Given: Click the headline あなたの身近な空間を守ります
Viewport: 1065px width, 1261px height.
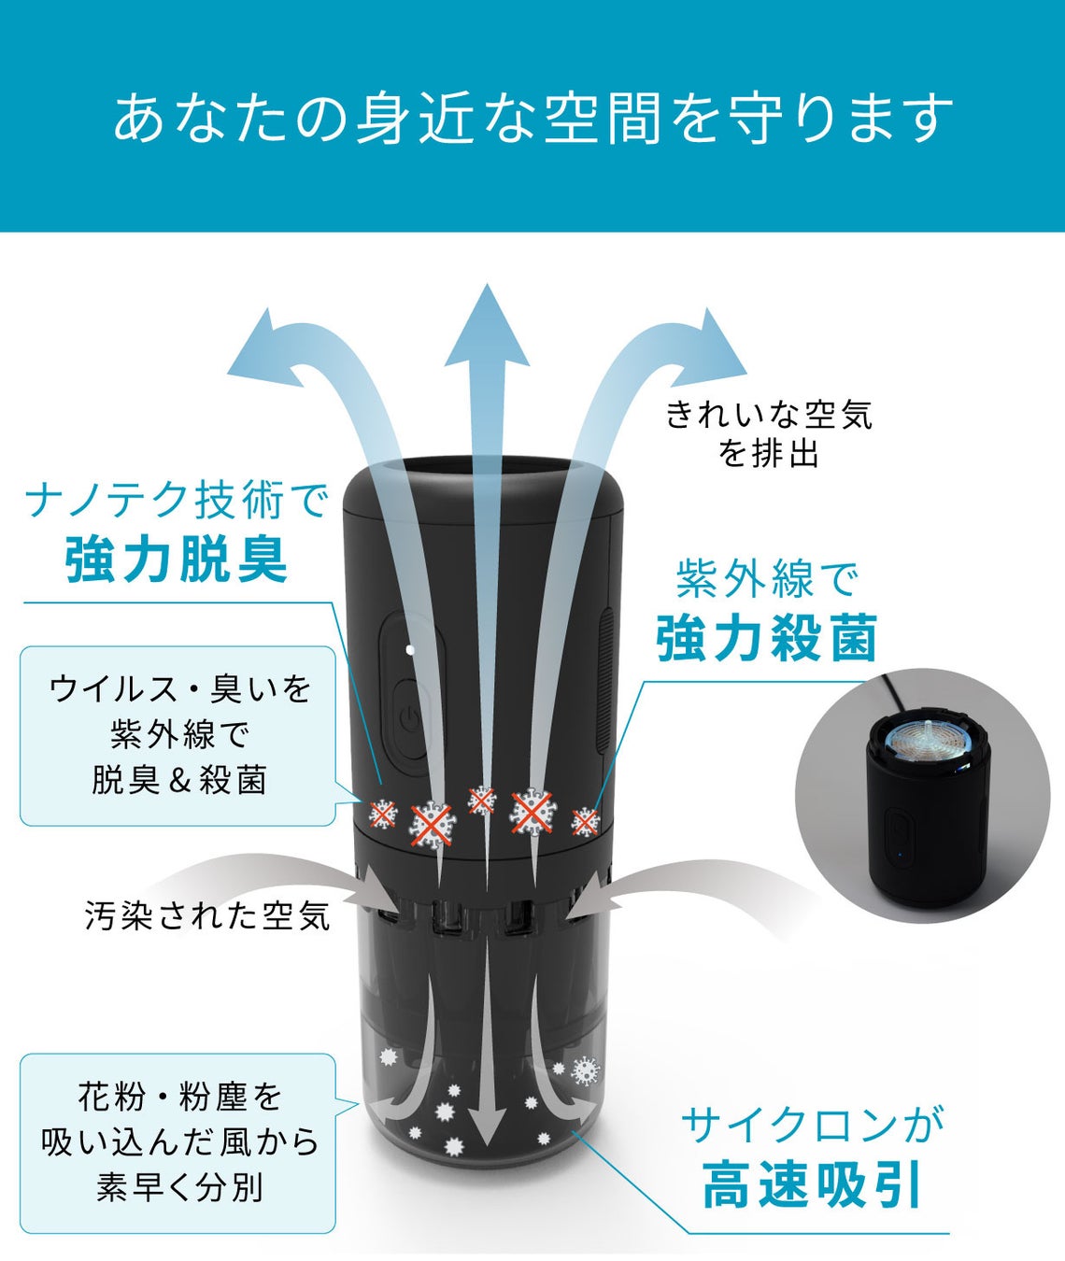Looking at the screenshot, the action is click(532, 117).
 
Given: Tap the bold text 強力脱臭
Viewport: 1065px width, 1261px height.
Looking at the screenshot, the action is click(177, 560).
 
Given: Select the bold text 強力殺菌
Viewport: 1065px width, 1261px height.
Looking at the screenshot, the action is click(766, 639).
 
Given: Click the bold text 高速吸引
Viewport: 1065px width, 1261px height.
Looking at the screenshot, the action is click(812, 1183).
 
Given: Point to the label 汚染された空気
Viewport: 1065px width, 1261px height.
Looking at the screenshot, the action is click(207, 914).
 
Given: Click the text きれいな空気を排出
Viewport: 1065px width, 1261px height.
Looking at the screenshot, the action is click(769, 433).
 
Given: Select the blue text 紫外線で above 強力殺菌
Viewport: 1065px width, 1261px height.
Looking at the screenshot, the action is click(766, 580).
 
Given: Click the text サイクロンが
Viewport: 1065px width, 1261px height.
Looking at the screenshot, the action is click(812, 1124).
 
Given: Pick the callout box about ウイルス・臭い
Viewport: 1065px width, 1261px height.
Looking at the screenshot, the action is click(177, 735).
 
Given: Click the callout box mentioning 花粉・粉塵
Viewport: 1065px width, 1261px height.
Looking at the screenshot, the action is click(177, 1142).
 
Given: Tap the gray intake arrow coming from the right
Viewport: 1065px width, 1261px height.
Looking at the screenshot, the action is click(654, 887).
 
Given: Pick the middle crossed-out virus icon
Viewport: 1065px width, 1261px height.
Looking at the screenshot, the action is click(481, 801).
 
